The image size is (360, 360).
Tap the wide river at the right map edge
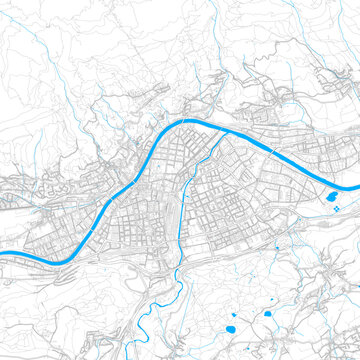pos(356,188)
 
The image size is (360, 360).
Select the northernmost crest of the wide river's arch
pos(190,122)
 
